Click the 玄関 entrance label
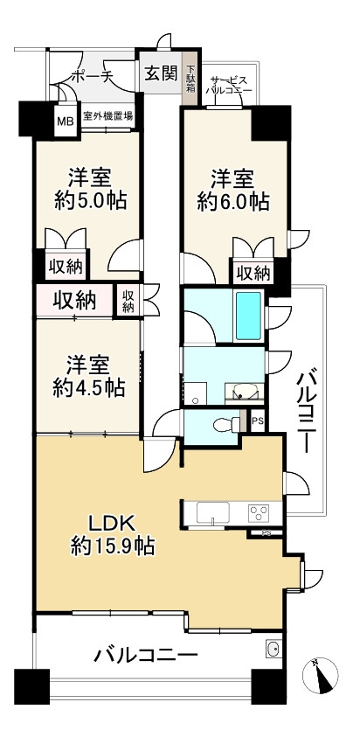(x=161, y=73)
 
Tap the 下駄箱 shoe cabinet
(x=190, y=79)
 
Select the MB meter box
(x=66, y=121)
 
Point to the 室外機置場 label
(x=107, y=115)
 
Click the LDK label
(x=114, y=523)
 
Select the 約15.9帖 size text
(x=113, y=546)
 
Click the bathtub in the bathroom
(x=249, y=316)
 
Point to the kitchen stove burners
(x=259, y=511)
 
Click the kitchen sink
(x=213, y=512)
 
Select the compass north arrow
(x=321, y=676)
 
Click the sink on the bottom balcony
(x=273, y=649)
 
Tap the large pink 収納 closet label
(x=74, y=301)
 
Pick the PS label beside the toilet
(x=257, y=421)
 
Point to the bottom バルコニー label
(x=146, y=655)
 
